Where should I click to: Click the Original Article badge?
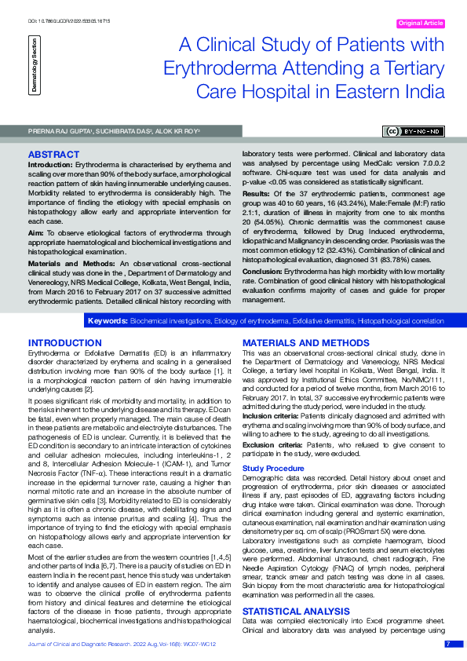click(x=421, y=24)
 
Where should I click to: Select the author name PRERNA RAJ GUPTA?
click(x=55, y=130)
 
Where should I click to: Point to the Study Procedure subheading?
click(x=272, y=468)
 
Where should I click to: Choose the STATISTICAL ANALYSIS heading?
click(x=296, y=610)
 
